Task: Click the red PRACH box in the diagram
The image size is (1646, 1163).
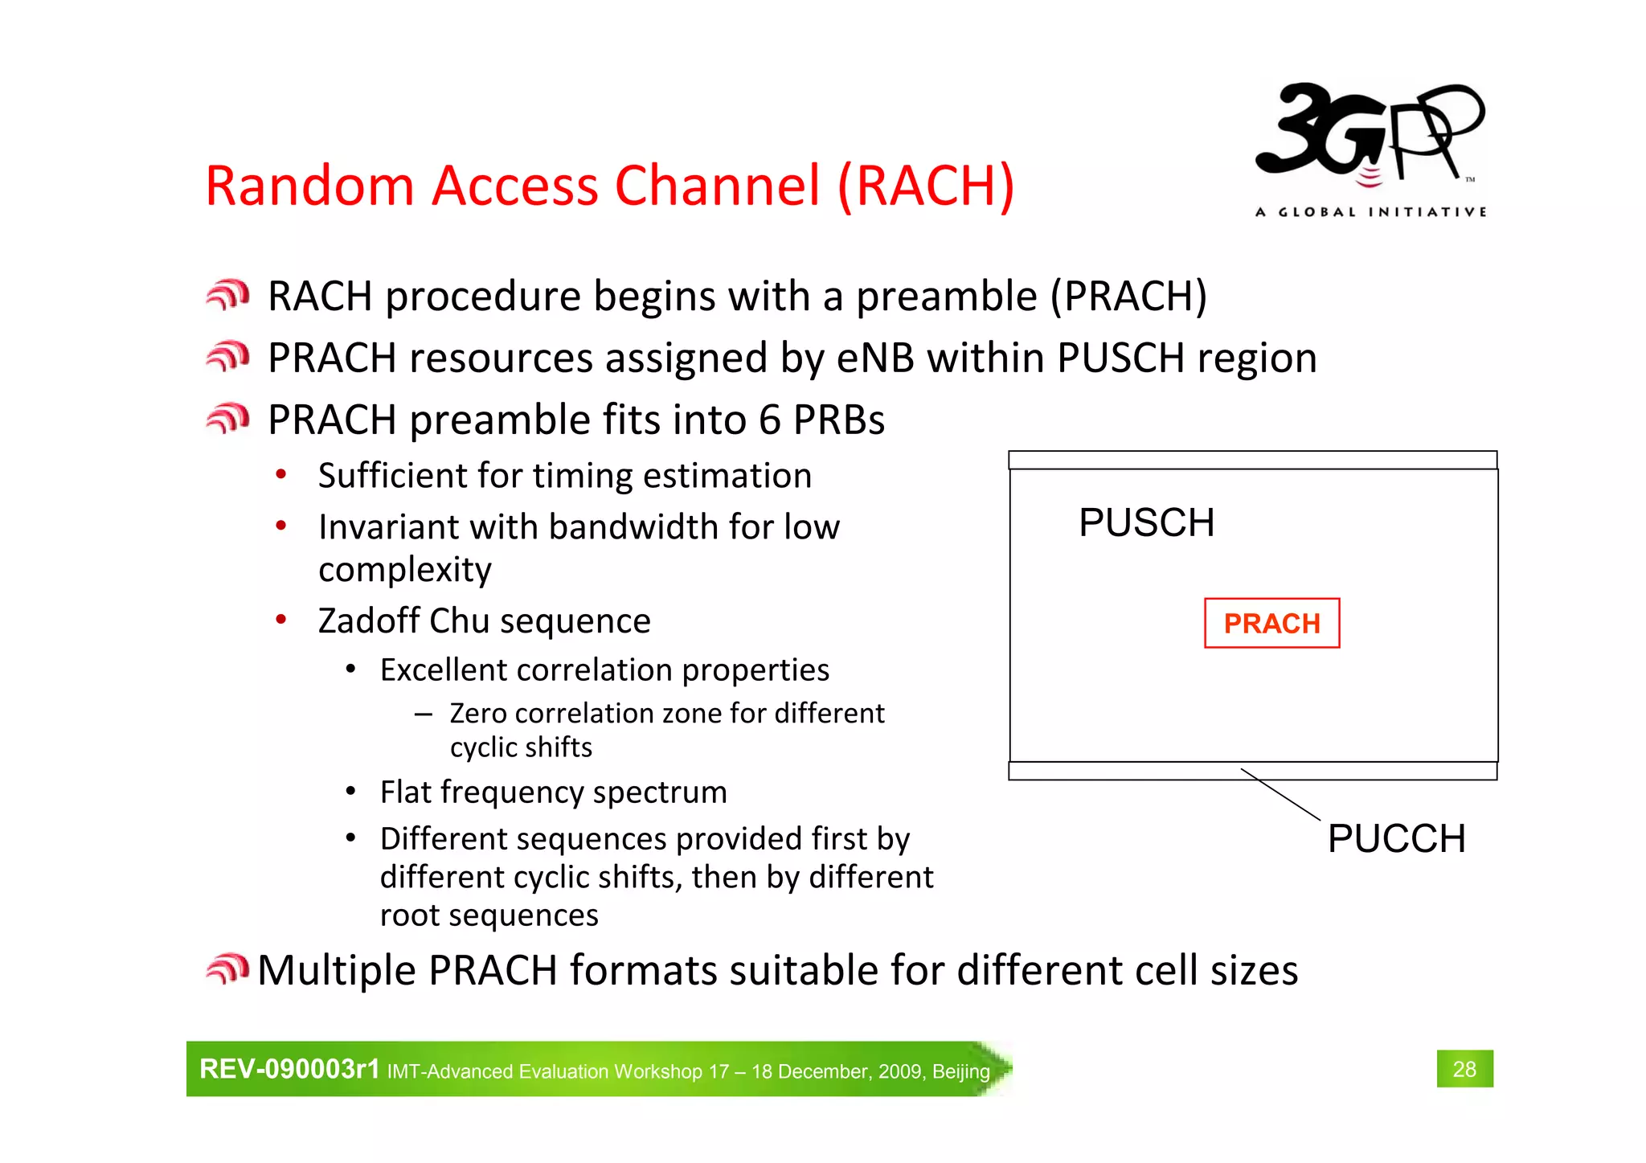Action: pyautogui.click(x=1271, y=623)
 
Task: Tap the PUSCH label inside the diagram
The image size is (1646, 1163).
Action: pyautogui.click(x=1146, y=522)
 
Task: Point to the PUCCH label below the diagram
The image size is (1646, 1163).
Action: pyautogui.click(x=1396, y=838)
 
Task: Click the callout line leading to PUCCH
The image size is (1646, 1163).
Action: pyautogui.click(x=1280, y=794)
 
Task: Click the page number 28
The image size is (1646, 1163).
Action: pyautogui.click(x=1464, y=1069)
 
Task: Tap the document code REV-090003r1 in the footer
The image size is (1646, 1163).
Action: pyautogui.click(x=289, y=1069)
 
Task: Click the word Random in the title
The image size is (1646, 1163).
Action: pyautogui.click(x=309, y=186)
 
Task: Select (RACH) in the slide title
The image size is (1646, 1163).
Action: pyautogui.click(x=926, y=186)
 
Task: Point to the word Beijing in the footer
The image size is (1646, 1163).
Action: pyautogui.click(x=960, y=1071)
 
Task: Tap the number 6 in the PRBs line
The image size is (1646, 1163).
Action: pyautogui.click(x=769, y=420)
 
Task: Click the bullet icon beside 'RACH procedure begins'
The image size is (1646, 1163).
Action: pyautogui.click(x=227, y=295)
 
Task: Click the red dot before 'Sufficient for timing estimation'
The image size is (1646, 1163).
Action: pyautogui.click(x=280, y=474)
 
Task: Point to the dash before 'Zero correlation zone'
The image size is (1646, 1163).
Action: pyautogui.click(x=424, y=714)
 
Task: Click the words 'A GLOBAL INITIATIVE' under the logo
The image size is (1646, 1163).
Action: pyautogui.click(x=1370, y=212)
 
